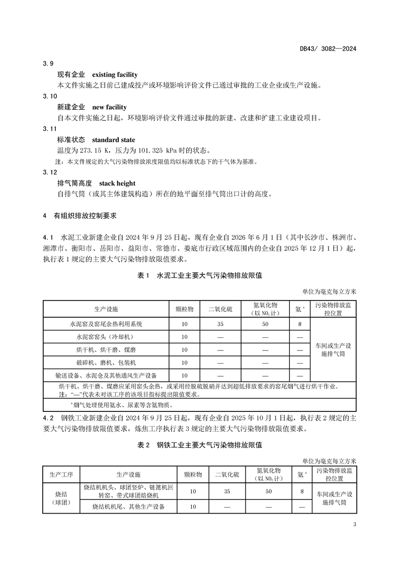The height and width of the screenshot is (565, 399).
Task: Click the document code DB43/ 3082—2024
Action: [328, 49]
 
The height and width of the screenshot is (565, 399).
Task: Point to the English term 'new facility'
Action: [109, 107]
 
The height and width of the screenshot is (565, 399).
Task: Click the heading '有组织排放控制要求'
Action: [85, 216]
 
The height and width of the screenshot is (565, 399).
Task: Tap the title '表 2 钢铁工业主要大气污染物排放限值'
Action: [199, 445]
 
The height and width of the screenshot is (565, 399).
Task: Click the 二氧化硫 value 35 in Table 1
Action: [220, 324]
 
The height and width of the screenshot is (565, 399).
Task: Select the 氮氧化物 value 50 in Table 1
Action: [265, 324]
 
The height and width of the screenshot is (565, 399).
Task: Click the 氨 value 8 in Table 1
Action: [300, 324]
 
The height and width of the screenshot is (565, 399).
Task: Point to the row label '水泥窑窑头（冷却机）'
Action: [105, 337]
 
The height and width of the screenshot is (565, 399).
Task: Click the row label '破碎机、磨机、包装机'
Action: [105, 363]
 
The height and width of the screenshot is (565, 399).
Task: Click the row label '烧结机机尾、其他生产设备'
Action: [128, 507]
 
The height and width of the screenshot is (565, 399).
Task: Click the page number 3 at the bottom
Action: [355, 526]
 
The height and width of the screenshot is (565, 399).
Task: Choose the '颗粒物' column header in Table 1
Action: [185, 308]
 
